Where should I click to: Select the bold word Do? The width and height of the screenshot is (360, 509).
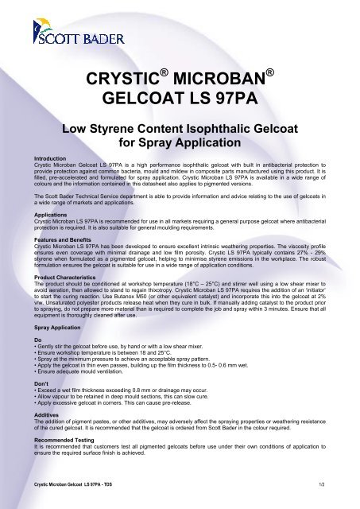(25, 340)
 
